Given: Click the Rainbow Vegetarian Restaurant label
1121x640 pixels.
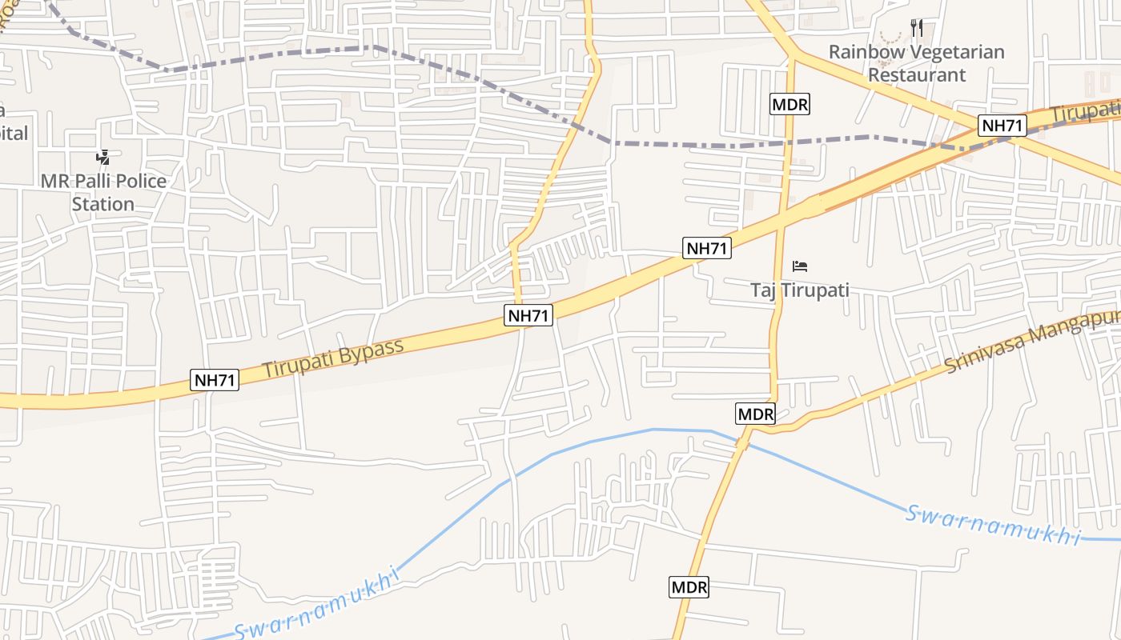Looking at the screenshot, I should click(916, 63).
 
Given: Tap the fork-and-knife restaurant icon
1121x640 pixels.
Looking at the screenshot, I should click(917, 29).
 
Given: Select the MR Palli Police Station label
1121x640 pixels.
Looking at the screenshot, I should click(103, 192).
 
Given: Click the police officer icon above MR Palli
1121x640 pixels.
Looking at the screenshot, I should click(102, 157).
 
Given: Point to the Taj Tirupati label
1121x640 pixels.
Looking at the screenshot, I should click(799, 290).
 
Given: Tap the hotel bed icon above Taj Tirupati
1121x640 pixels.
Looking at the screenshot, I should click(799, 266).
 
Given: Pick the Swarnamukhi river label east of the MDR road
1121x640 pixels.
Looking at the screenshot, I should click(993, 525).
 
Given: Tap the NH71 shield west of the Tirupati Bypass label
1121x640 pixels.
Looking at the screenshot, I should click(215, 380).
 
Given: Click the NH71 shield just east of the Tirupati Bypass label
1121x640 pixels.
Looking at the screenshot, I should click(529, 316).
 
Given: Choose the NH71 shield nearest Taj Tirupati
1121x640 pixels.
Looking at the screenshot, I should click(707, 248).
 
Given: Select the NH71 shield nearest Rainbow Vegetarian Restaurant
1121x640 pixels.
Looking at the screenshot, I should click(1002, 126).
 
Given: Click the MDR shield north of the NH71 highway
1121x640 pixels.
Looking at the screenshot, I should click(790, 104).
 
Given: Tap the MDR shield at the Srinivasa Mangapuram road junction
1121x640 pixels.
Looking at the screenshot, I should click(755, 414).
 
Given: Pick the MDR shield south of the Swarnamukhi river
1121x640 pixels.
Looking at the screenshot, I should click(689, 588).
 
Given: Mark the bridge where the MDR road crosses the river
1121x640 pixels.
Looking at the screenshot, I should click(742, 441).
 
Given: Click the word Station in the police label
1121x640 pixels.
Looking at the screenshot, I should click(103, 204).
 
